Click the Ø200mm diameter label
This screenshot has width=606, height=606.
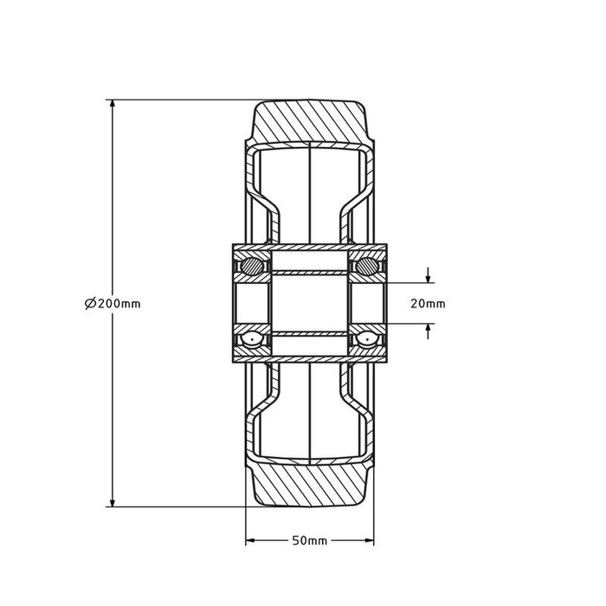(x=113, y=303)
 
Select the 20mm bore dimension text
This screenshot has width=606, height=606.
(x=427, y=303)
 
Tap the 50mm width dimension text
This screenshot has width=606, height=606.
(x=309, y=541)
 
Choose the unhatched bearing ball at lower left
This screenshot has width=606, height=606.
(x=252, y=341)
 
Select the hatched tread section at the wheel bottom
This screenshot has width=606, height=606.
(x=309, y=487)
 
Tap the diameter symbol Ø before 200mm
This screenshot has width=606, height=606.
(x=90, y=303)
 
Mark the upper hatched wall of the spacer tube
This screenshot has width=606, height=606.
(x=309, y=273)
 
